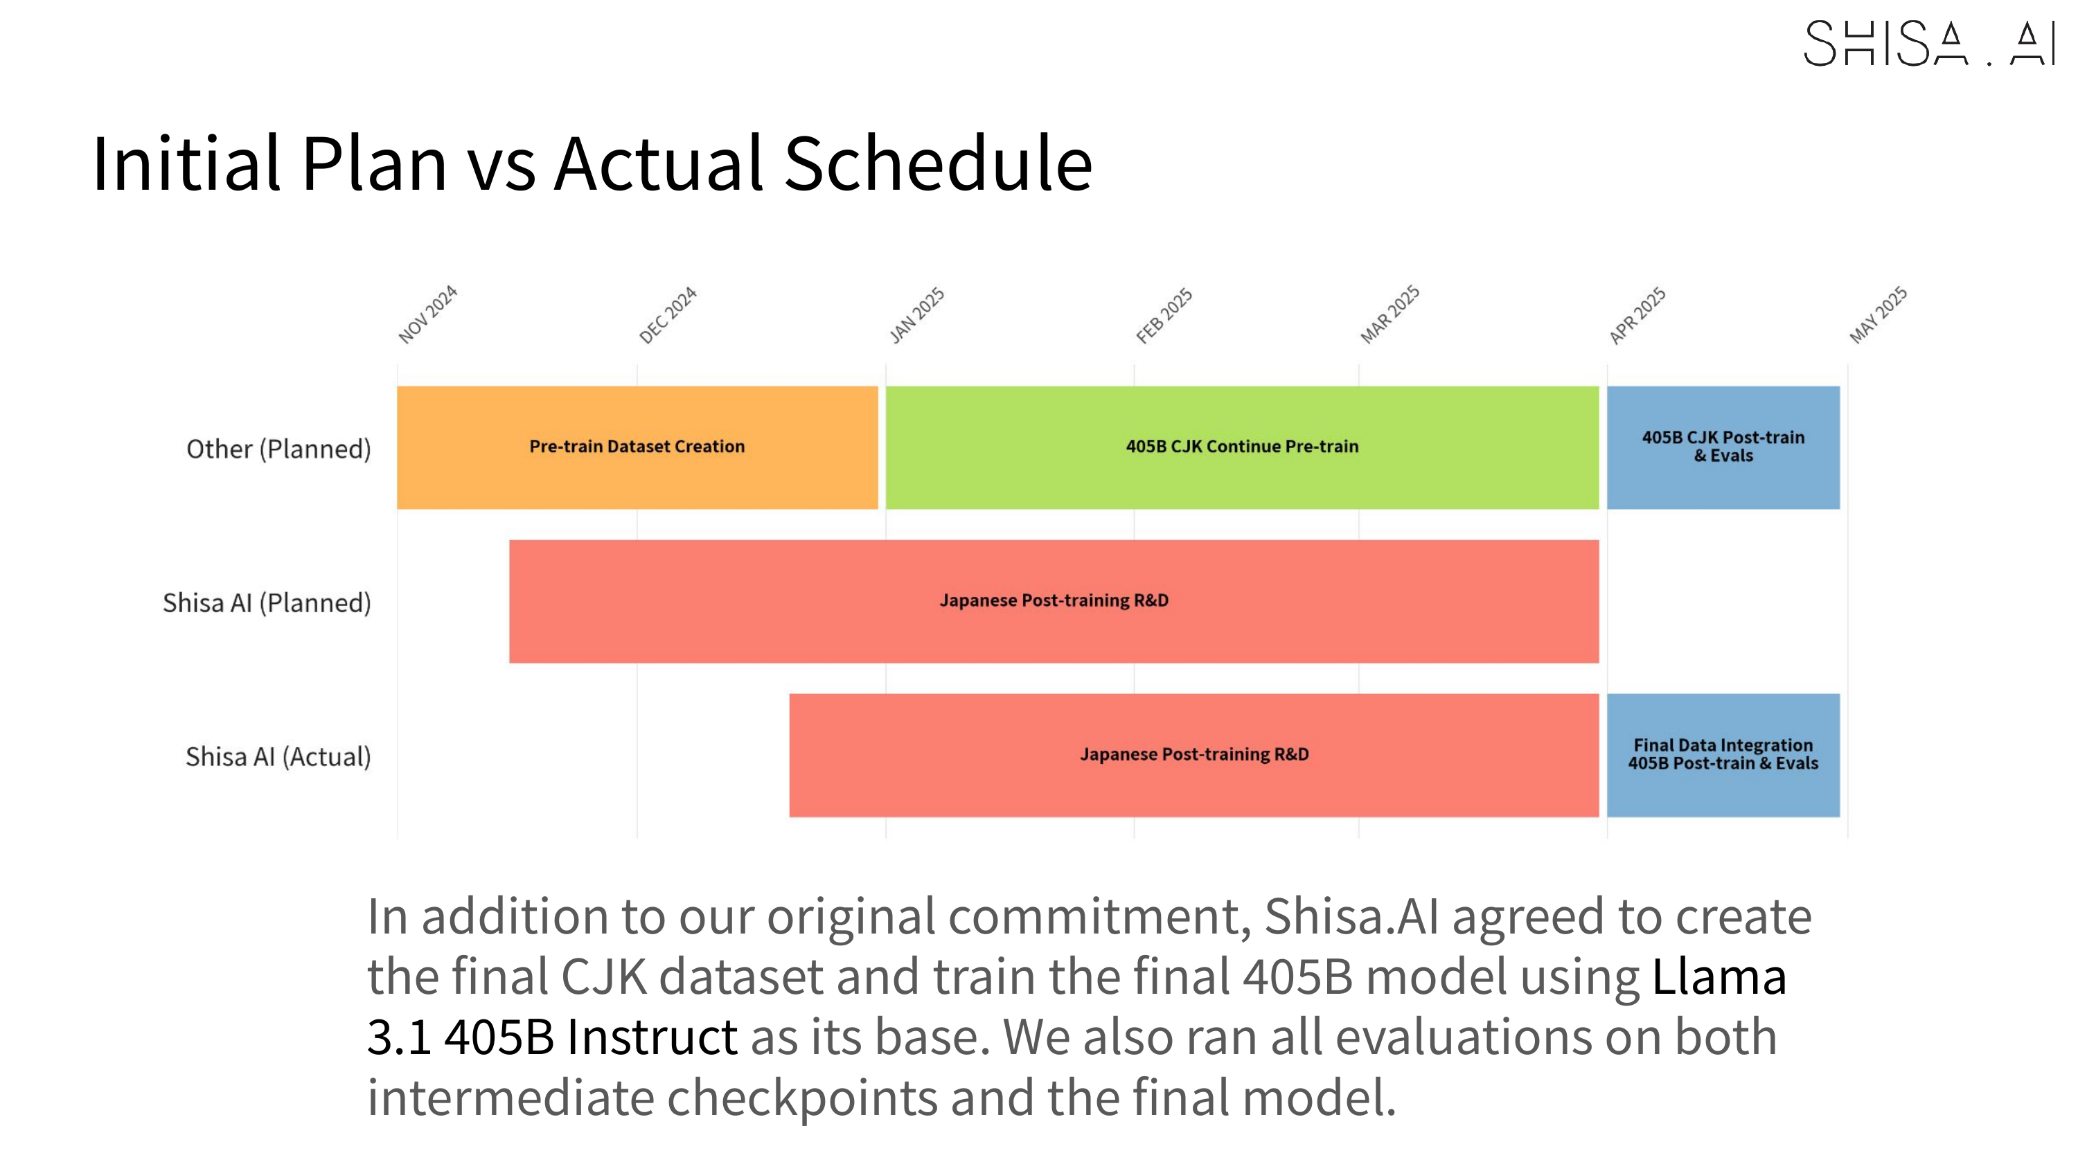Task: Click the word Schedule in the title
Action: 938,163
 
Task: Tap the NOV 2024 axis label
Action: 427,314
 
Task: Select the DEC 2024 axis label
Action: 667,315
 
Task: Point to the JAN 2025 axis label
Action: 916,315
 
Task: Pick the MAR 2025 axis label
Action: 1390,314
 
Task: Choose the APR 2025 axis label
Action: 1637,315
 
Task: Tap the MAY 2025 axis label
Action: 1879,314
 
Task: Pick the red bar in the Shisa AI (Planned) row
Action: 1054,601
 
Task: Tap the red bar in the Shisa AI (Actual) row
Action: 1194,755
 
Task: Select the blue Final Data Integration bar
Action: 1723,755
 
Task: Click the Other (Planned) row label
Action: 278,449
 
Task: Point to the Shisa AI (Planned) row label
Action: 267,603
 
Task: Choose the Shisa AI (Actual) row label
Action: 278,757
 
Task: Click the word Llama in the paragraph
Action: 1719,976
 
